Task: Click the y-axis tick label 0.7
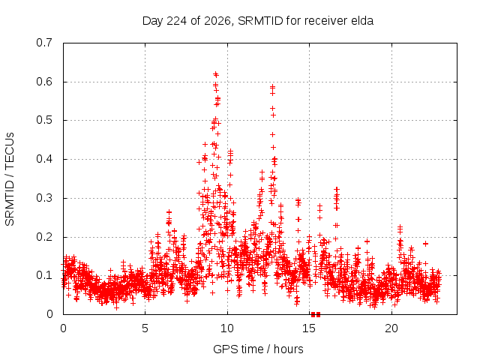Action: [44, 43]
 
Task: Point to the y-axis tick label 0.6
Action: [44, 82]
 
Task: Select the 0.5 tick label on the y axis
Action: [44, 120]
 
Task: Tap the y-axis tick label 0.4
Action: [44, 159]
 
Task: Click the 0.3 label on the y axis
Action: [44, 198]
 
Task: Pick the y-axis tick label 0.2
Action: [44, 237]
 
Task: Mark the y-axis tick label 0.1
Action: [44, 275]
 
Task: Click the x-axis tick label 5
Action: [145, 328]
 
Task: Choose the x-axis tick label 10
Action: [227, 328]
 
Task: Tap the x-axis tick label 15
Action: [309, 328]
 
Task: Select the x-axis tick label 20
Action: [391, 328]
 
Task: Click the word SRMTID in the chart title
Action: [260, 21]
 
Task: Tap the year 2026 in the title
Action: [217, 21]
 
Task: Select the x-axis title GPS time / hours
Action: [258, 349]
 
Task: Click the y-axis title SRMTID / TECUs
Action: [10, 179]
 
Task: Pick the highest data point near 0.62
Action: [216, 73]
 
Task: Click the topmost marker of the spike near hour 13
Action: [272, 86]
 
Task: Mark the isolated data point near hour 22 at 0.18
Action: [425, 244]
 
